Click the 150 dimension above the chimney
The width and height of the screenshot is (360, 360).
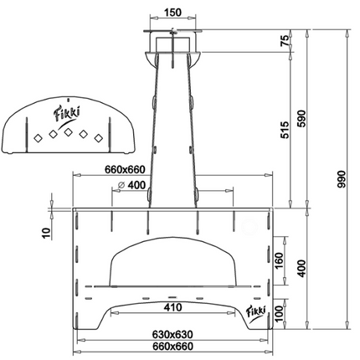(172, 13)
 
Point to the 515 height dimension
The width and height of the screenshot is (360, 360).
(284, 129)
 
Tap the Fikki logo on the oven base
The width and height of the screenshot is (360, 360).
(256, 313)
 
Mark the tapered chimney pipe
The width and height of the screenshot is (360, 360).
(172, 126)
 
